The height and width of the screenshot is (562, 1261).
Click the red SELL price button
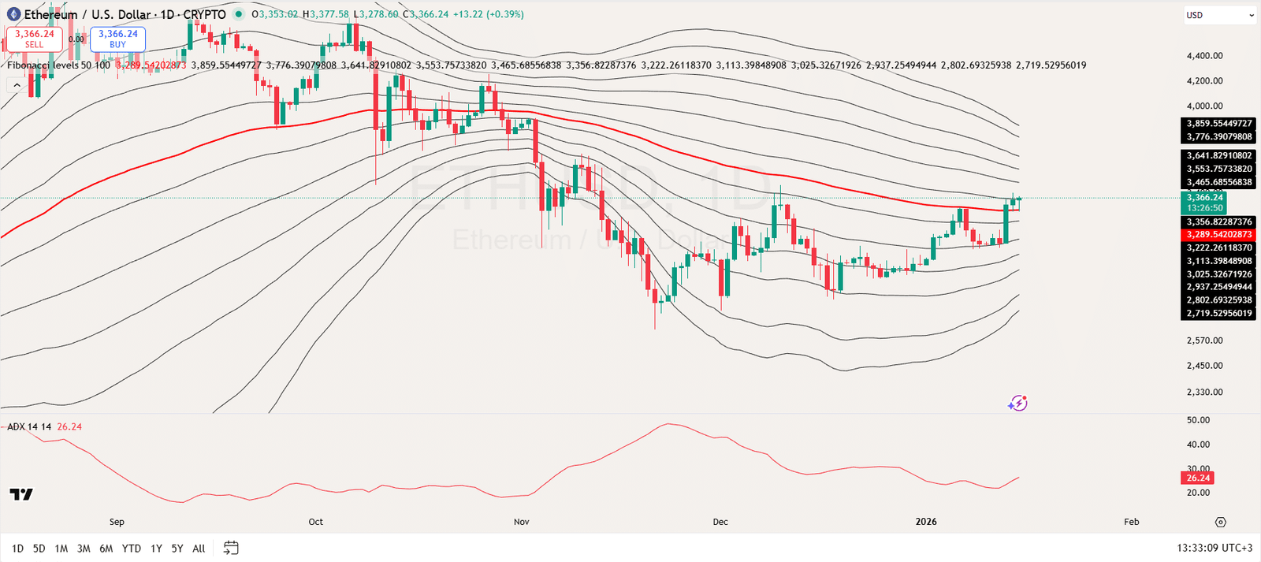[34, 39]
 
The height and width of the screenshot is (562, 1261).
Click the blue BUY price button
[117, 39]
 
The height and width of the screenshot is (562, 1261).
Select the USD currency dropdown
[1219, 15]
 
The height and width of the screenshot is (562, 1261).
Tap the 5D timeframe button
[39, 549]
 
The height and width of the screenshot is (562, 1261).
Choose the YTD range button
[132, 549]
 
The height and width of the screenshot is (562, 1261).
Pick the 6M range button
[106, 549]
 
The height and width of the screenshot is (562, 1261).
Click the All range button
[199, 549]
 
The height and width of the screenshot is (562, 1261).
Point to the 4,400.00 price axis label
[1204, 56]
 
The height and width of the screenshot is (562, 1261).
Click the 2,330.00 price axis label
[1204, 392]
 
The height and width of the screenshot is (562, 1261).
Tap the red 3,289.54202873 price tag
[1218, 235]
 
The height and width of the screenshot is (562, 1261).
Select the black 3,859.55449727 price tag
[1218, 124]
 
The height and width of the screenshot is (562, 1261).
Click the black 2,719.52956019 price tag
[1218, 314]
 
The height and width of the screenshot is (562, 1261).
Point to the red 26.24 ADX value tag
[1197, 478]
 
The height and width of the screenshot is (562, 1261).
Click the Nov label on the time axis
[521, 522]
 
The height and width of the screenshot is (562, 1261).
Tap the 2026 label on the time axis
[926, 522]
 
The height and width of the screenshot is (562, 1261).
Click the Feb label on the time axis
[1131, 522]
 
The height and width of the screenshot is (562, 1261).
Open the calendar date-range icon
[231, 548]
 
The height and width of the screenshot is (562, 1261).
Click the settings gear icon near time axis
[1220, 522]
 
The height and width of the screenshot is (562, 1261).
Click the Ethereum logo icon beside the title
[13, 14]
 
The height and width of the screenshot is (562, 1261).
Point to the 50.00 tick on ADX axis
[1198, 420]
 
